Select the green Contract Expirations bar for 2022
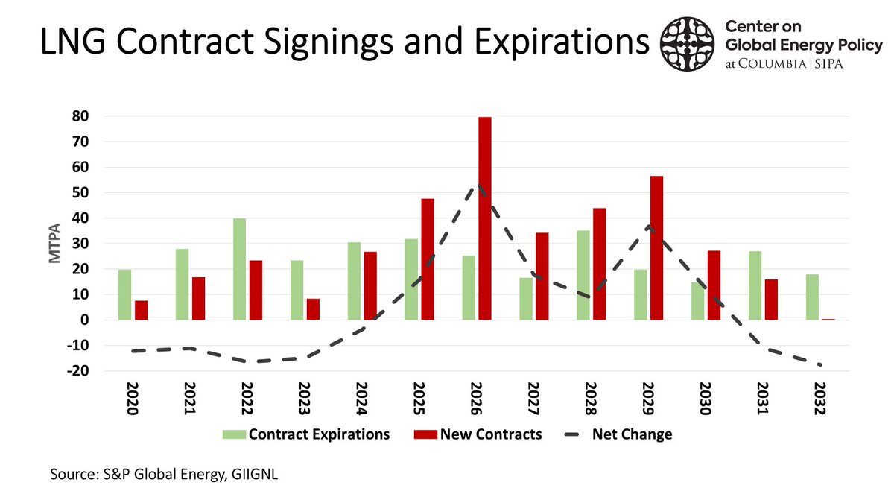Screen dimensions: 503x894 [239, 269]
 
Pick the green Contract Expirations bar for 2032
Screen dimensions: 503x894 [812, 297]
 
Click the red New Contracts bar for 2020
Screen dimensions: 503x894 [142, 310]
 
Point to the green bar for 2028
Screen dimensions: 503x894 [583, 275]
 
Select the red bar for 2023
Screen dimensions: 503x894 [313, 309]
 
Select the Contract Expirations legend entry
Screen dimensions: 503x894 [319, 434]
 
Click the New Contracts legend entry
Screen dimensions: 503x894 [490, 434]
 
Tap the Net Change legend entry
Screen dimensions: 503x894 [632, 434]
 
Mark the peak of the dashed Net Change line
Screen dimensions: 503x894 [478, 186]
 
